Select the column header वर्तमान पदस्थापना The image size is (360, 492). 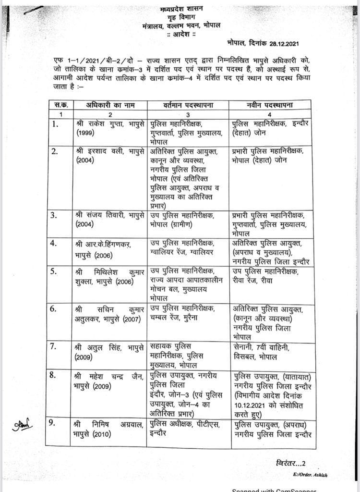pos(187,105)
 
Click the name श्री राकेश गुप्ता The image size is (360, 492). pos(97,124)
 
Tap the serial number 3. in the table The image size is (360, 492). pos(55,215)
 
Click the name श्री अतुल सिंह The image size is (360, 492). pos(96,347)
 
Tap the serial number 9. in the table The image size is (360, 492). pos(56,424)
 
